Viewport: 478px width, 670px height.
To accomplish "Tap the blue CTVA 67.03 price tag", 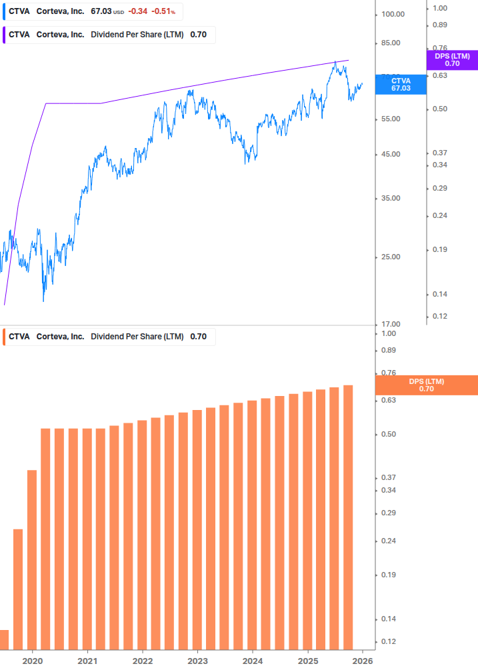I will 401,84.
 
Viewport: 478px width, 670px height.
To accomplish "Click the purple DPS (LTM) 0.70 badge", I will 452,60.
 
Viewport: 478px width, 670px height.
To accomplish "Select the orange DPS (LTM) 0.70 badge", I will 427,385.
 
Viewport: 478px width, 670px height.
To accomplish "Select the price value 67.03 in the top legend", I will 101,11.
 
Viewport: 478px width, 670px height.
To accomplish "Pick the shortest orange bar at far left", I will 4,639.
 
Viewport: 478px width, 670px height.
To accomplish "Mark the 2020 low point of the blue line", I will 43,301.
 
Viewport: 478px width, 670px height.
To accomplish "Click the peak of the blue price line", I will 335,62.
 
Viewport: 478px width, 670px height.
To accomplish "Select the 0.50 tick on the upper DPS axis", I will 439,109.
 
